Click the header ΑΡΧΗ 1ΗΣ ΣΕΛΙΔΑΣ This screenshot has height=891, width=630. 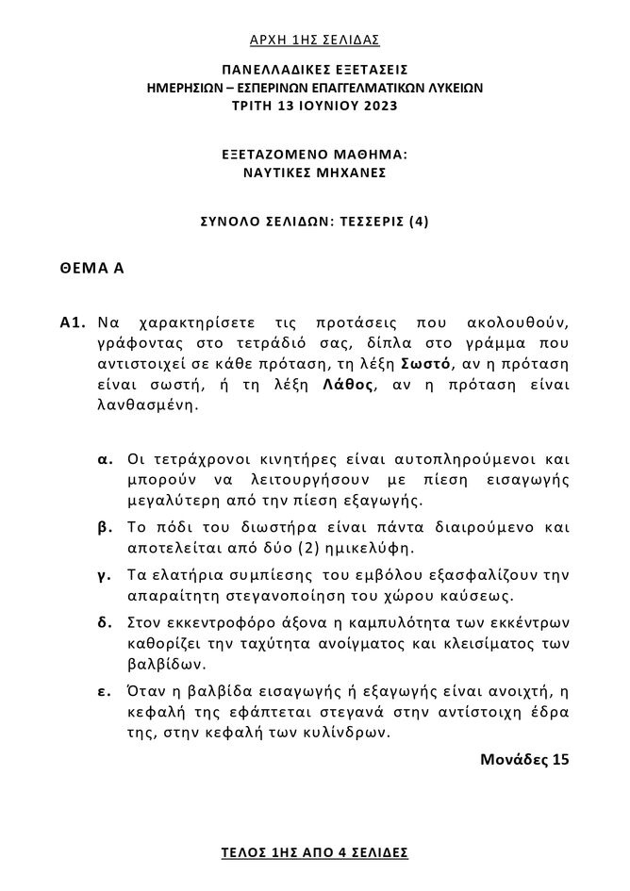tap(314, 39)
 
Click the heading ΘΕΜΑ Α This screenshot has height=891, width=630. tap(91, 269)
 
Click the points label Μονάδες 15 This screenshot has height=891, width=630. tap(524, 758)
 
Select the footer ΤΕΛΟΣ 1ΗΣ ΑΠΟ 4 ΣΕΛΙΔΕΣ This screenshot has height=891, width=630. tap(314, 851)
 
